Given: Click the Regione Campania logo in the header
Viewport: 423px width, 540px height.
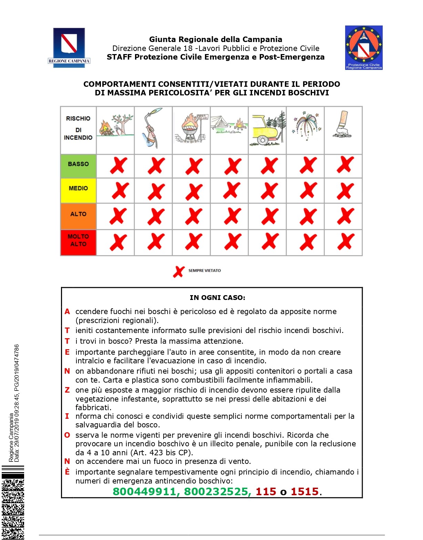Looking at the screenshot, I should tap(69, 48).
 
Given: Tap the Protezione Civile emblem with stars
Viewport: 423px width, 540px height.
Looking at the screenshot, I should tap(364, 48).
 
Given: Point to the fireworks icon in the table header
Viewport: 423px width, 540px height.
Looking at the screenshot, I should tap(306, 126).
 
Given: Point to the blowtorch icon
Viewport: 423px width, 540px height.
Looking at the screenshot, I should tap(152, 128).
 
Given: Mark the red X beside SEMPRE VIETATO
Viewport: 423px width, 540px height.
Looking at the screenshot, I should tap(179, 271).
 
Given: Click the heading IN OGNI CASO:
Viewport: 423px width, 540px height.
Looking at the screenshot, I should tap(217, 298).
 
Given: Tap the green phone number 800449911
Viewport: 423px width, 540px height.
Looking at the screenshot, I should tap(145, 491).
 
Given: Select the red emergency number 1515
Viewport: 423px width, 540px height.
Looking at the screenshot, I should tap(305, 491).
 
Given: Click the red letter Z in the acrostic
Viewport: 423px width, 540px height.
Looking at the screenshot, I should tap(67, 390).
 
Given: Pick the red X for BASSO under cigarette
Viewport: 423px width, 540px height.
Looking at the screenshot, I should tap(345, 165).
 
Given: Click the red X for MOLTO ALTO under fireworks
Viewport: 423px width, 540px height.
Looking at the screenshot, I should tap(308, 242).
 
